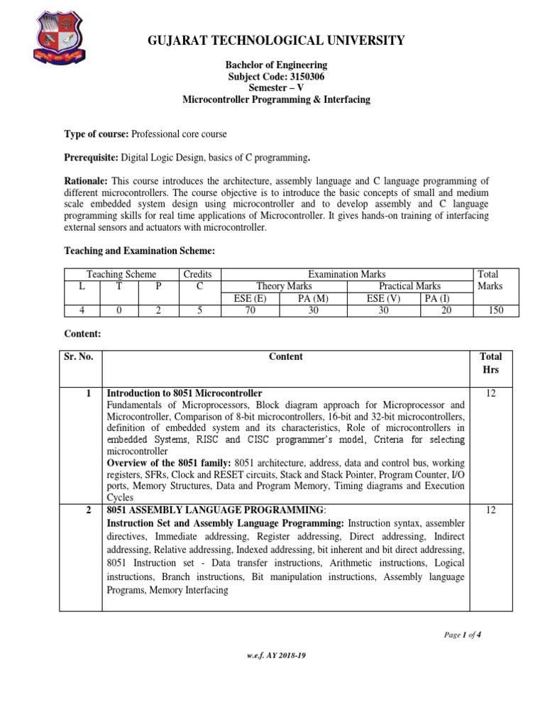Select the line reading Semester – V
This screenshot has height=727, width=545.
tap(276, 88)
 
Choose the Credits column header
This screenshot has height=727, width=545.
tap(197, 274)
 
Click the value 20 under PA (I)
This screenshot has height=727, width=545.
tap(446, 310)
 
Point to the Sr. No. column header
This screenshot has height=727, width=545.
tap(79, 357)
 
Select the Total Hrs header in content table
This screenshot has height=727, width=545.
tap(490, 363)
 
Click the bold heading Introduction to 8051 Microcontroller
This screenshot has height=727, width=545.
tap(185, 393)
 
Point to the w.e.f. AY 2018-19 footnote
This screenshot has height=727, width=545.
tap(273, 655)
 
